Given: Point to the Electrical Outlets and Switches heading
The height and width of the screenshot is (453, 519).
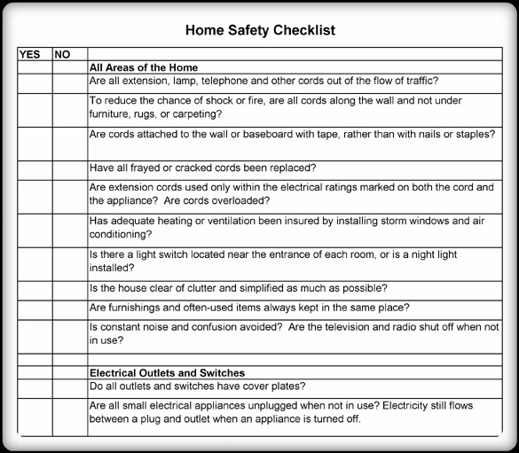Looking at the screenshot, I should [x=168, y=373].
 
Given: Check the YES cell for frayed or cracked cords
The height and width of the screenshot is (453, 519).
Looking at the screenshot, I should [x=35, y=168].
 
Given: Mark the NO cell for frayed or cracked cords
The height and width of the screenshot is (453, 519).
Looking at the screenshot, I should [x=69, y=168].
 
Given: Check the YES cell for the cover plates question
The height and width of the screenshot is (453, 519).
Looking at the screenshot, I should [x=35, y=387].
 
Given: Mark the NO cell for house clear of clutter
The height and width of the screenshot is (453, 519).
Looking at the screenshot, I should [x=69, y=288].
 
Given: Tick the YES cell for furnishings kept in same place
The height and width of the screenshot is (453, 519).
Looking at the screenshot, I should [x=35, y=308].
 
